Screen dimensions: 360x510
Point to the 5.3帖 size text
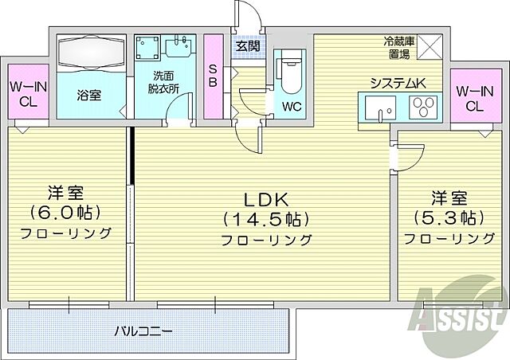coord(445,217)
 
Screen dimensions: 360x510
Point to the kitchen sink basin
coord(374,107)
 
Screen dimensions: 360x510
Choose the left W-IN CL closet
coord(25,94)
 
